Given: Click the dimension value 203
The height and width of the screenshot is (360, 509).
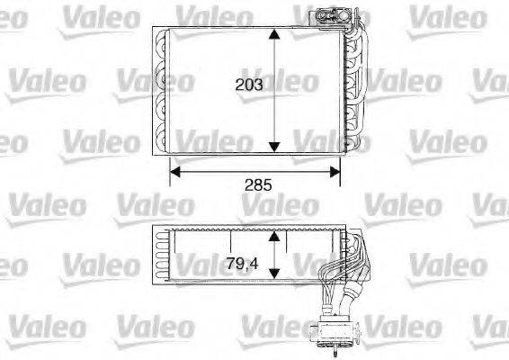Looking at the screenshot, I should tap(248, 87).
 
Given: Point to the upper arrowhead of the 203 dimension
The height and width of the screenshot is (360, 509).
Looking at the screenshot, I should tap(275, 34).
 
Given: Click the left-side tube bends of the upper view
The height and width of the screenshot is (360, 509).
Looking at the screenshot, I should tap(161, 90).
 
